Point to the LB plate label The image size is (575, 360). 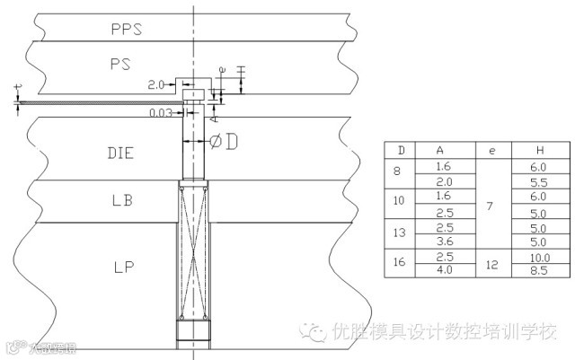[121, 201]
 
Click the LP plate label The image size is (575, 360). [124, 267]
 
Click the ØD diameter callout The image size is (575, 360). [224, 142]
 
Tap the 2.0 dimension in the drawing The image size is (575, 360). [156, 84]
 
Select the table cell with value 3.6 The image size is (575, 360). [442, 241]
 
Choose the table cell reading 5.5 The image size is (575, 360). [538, 181]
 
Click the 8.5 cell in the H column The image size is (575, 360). [538, 269]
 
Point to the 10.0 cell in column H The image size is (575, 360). [538, 257]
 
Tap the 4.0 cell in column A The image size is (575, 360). [442, 269]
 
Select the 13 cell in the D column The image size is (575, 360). [400, 233]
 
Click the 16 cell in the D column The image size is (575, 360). [400, 263]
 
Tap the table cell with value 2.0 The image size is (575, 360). [442, 181]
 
